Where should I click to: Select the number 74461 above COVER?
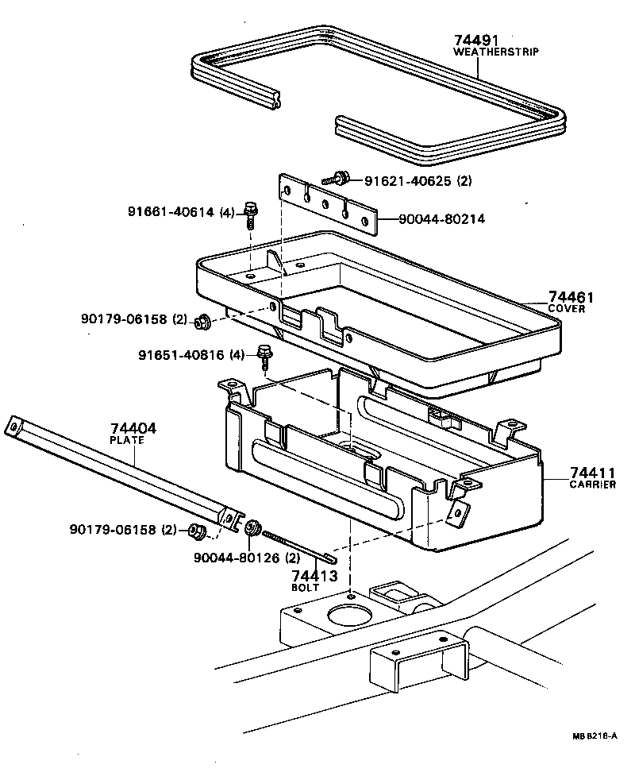(571, 298)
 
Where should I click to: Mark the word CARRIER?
(592, 485)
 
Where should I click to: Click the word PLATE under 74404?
(132, 439)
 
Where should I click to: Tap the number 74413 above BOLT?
(314, 577)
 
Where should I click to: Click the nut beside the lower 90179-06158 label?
(196, 531)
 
